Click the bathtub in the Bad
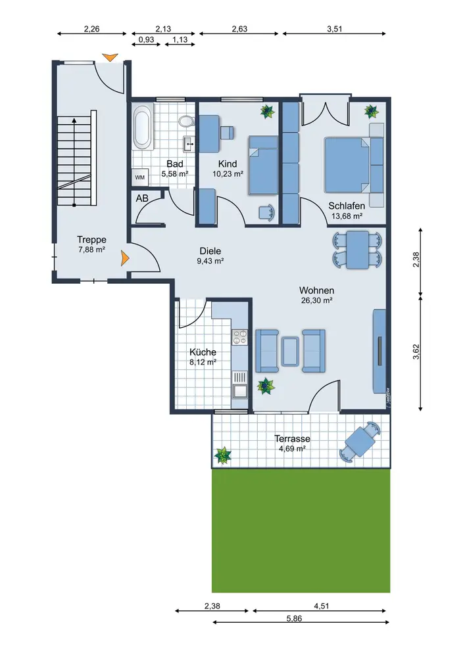[x=142, y=127]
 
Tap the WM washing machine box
[x=139, y=177]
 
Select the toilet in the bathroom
[x=186, y=121]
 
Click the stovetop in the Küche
[x=240, y=337]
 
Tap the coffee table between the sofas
[x=290, y=351]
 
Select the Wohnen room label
[x=316, y=290]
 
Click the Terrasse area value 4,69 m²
[x=292, y=449]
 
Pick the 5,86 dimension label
[x=295, y=618]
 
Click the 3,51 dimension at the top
[x=335, y=29]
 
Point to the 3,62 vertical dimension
[x=416, y=351]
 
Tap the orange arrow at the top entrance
[x=110, y=57]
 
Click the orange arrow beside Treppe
[x=124, y=258]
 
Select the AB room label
[x=142, y=198]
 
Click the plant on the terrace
[x=223, y=455]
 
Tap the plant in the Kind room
[x=267, y=112]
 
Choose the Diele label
[x=210, y=251]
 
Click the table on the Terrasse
[x=360, y=442]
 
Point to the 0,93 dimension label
[x=146, y=40]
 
